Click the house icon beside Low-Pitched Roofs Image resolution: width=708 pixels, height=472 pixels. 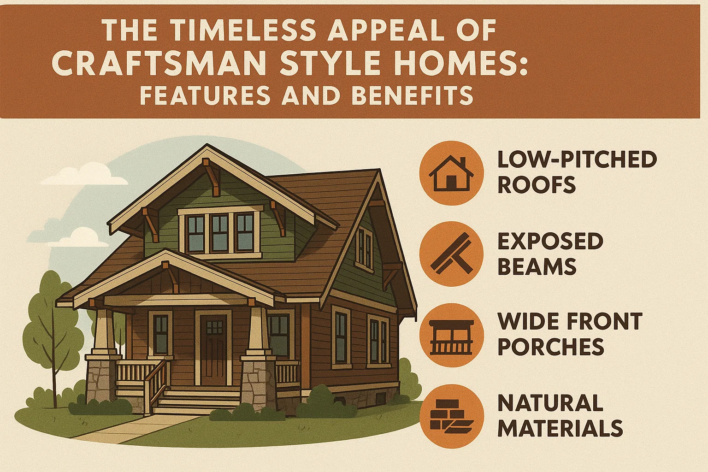pyautogui.click(x=451, y=173)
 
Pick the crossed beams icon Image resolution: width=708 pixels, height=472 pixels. pyautogui.click(x=451, y=254)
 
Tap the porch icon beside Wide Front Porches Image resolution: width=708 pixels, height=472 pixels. pyautogui.click(x=451, y=336)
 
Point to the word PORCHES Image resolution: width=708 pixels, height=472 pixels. pyautogui.click(x=551, y=347)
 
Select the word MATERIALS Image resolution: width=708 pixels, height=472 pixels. pyautogui.click(x=560, y=429)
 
